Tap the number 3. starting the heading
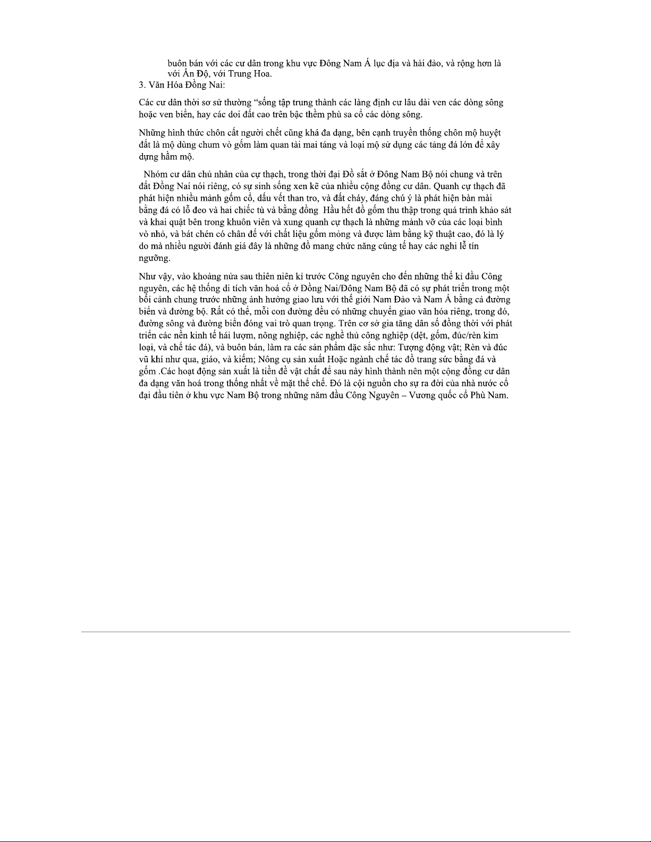pos(142,84)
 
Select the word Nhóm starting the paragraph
pos(155,174)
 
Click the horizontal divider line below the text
pos(325,632)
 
